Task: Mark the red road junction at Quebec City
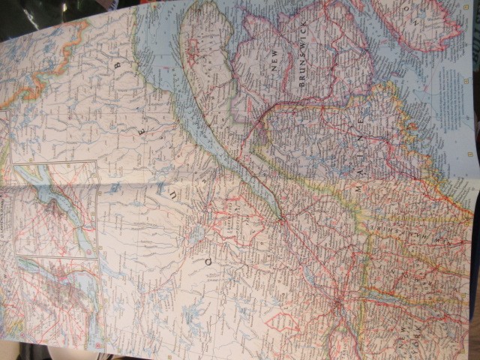click(279, 218)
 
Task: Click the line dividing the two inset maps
click(56, 256)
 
